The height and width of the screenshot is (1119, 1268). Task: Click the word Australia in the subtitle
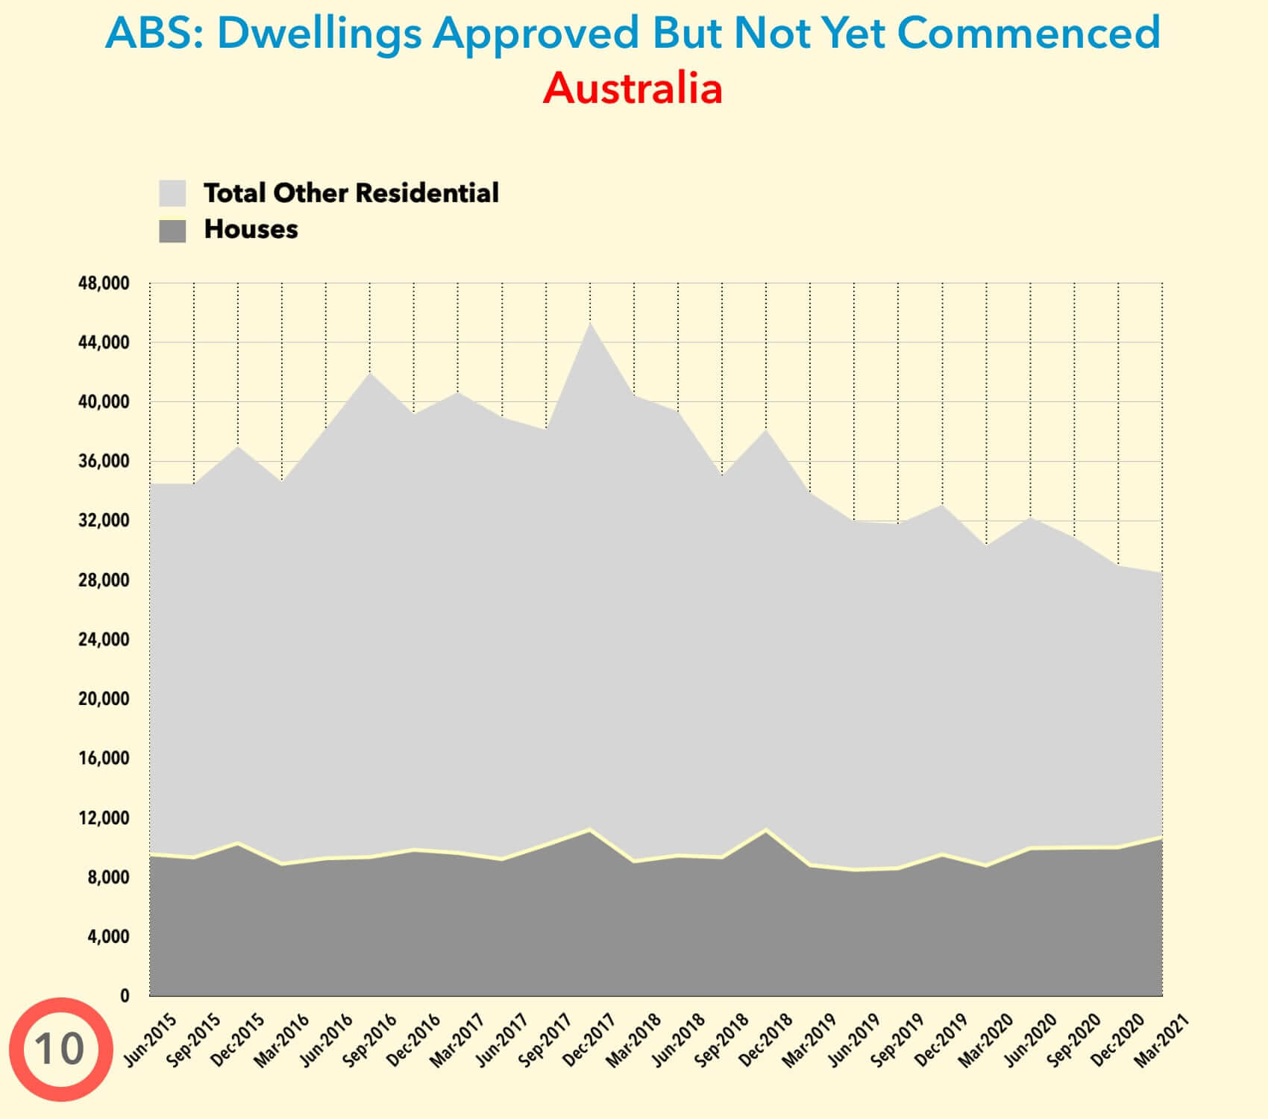(633, 88)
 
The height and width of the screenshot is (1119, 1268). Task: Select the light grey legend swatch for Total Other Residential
(172, 193)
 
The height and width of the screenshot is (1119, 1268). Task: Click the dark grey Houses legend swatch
(172, 230)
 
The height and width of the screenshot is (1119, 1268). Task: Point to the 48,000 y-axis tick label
(104, 283)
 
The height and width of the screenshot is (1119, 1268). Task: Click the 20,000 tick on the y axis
(104, 699)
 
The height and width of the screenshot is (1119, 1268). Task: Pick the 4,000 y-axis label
(108, 936)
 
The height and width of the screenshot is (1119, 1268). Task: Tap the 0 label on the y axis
(125, 995)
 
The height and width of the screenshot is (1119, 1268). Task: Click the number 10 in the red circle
(60, 1049)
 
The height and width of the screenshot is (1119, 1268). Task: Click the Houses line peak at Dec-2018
(766, 830)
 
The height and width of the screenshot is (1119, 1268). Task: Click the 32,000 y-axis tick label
(104, 521)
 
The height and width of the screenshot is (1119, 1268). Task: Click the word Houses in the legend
(251, 230)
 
